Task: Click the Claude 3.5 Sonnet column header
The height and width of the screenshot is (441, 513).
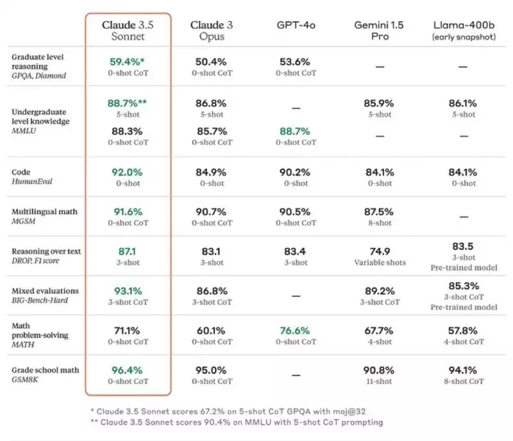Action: [128, 31]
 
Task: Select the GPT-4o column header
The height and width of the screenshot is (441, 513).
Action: [296, 25]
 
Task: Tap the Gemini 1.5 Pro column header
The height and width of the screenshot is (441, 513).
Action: [380, 31]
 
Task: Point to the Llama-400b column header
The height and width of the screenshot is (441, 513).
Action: [462, 29]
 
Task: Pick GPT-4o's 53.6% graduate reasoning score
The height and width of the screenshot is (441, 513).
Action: [296, 62]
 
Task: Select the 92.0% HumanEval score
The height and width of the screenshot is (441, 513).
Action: [128, 172]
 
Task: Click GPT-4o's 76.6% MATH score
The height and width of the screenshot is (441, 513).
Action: [296, 331]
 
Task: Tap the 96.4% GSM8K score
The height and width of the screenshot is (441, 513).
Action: [128, 370]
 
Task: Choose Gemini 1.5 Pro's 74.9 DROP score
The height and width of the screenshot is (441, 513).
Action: [380, 251]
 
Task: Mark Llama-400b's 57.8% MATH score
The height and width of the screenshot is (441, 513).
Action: [462, 331]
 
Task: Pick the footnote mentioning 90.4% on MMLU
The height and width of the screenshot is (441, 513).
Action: [237, 422]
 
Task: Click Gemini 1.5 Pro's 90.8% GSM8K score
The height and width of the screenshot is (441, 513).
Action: [380, 370]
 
